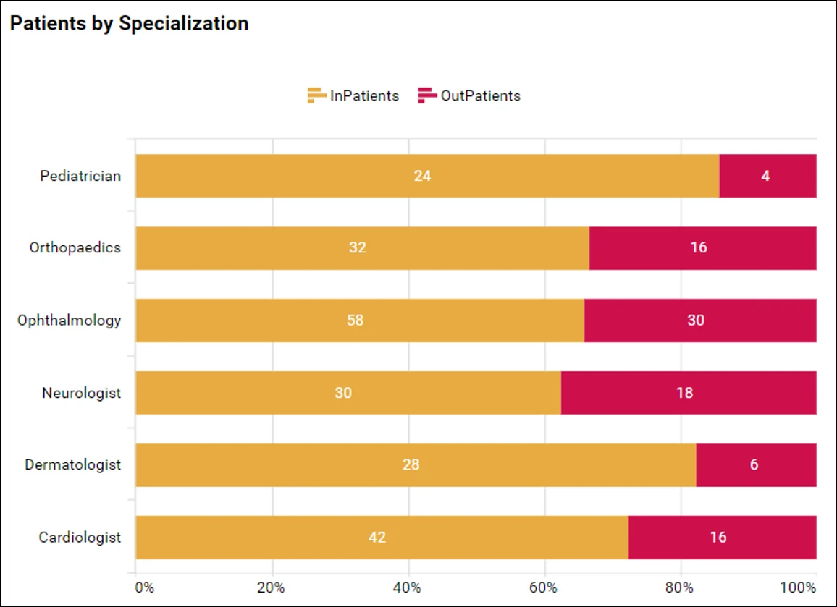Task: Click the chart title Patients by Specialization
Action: [x=129, y=24]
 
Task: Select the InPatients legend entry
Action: [x=353, y=95]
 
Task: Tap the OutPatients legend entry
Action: [x=469, y=95]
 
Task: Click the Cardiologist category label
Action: [x=80, y=538]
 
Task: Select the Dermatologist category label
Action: [x=73, y=464]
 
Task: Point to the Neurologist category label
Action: [x=81, y=393]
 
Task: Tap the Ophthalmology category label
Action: [x=70, y=320]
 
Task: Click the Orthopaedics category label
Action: [x=75, y=247]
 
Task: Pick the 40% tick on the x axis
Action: [x=408, y=587]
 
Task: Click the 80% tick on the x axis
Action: [x=681, y=587]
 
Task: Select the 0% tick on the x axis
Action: [x=144, y=587]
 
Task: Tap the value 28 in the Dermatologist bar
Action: [x=411, y=465]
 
